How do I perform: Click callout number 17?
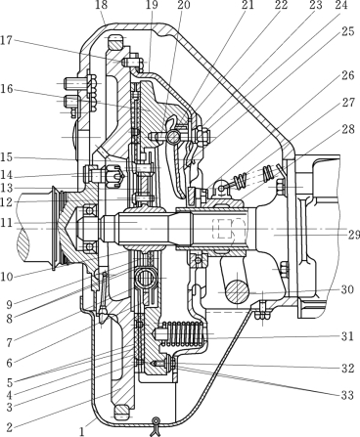[x=6, y=41]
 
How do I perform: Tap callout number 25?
[x=348, y=32]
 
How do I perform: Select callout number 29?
[x=353, y=235]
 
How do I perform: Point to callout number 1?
[x=82, y=431]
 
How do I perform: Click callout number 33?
[x=347, y=395]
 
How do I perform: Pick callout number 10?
[x=6, y=278]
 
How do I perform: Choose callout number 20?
[x=184, y=5]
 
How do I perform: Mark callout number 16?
[x=6, y=89]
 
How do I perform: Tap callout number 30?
[x=347, y=289]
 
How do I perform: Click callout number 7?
[x=9, y=342]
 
